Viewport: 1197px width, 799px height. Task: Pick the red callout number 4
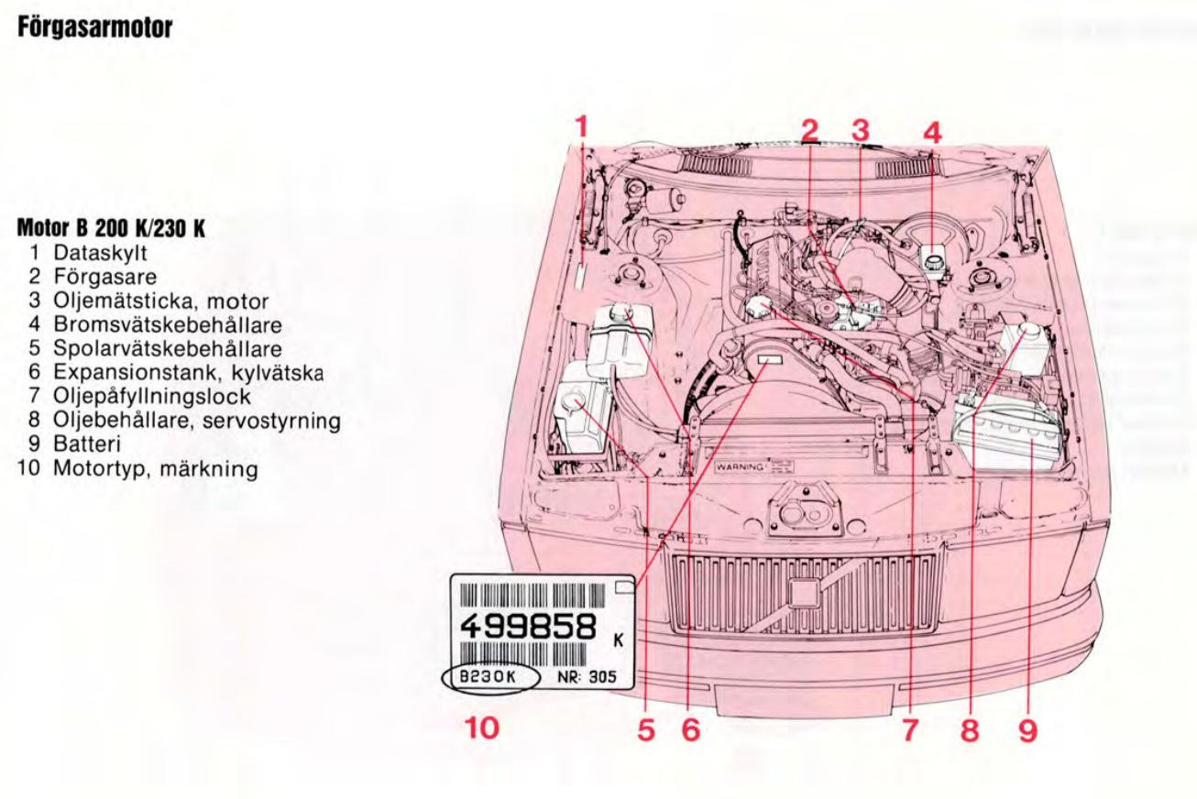coord(932,132)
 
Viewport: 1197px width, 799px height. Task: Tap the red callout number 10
coord(482,728)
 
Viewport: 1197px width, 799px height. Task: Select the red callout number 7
coord(910,729)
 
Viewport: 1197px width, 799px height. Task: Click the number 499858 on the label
coord(526,629)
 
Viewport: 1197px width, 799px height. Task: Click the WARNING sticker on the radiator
coord(741,465)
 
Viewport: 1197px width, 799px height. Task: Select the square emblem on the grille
coord(804,593)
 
